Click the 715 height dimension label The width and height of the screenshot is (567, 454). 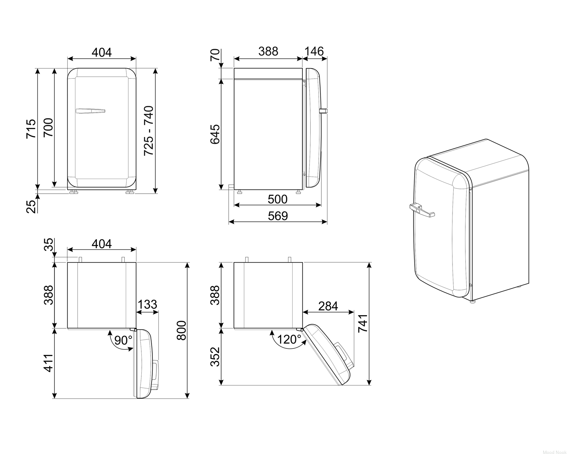tap(31, 129)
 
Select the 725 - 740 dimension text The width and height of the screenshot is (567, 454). tap(149, 131)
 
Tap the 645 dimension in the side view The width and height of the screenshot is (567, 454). tap(215, 135)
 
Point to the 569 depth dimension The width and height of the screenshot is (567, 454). tap(278, 216)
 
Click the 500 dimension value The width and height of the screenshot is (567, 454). tap(278, 199)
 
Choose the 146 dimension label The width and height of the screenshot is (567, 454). tap(314, 51)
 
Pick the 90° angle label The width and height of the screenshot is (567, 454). tap(123, 340)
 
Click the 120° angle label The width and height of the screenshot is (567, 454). tap(289, 339)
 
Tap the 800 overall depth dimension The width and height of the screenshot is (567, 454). tap(181, 330)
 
